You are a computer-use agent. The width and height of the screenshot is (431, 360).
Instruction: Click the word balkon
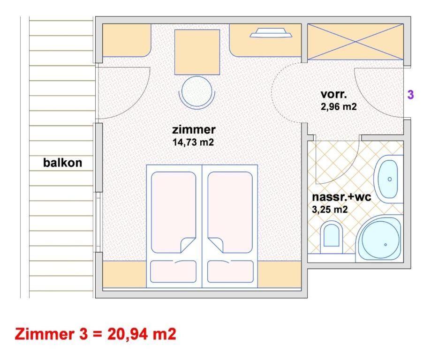coord(62,163)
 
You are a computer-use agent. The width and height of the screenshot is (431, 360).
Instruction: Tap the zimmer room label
coord(194,129)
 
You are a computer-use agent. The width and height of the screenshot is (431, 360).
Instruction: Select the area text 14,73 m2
coord(193,142)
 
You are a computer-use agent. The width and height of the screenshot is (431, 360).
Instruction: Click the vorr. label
coord(333,94)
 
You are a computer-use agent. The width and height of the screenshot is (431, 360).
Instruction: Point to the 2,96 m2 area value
coord(339,106)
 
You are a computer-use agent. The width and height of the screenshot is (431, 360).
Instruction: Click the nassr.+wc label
coord(341,197)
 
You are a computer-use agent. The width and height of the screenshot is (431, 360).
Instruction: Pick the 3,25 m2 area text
coord(330,210)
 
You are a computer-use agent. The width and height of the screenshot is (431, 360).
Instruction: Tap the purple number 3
coord(410,95)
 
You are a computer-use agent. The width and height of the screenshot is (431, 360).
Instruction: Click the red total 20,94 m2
coord(142,334)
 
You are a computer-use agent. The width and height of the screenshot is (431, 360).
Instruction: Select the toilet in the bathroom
coord(332,235)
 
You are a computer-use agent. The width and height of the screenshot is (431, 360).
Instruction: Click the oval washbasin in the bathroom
coord(388,179)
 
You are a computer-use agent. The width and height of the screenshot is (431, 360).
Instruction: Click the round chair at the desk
coord(197,91)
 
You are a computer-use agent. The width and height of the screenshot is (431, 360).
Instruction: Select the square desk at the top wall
coord(197,52)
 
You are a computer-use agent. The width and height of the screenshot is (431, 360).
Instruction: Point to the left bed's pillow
coord(174,271)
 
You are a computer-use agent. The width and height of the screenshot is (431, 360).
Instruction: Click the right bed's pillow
coord(230,271)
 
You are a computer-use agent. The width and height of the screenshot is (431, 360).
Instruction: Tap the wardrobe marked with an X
coord(355,42)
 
